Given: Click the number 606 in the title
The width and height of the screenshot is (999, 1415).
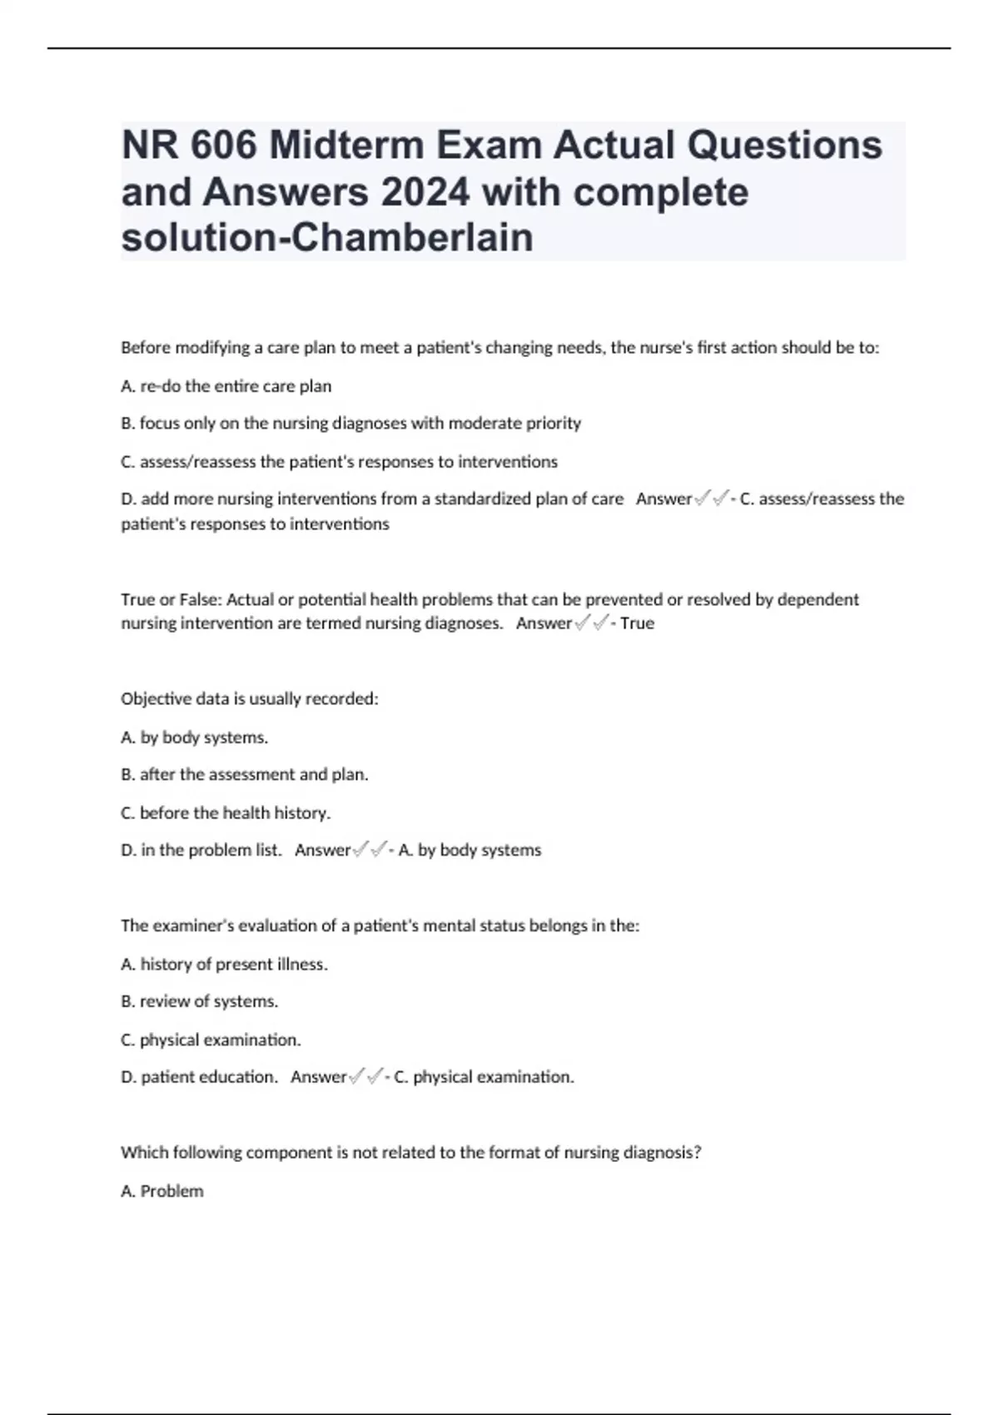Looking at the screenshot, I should pos(222,146).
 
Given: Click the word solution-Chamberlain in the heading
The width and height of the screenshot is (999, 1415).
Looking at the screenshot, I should pos(327,237).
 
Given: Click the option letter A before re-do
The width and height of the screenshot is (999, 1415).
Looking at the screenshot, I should pos(127,386).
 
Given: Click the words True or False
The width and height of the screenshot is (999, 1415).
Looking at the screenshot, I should pos(170,599).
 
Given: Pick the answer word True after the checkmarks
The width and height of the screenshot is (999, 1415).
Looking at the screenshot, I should pos(637,623).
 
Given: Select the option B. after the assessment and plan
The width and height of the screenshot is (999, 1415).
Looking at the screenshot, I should pos(245,775).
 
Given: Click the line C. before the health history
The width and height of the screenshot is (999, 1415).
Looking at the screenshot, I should pos(226,813).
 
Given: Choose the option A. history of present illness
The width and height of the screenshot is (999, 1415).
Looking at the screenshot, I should pos(224,964).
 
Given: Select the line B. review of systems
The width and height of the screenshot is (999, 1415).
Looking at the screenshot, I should pos(200,1001).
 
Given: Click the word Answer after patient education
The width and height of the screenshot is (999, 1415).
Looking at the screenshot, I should pos(318,1077).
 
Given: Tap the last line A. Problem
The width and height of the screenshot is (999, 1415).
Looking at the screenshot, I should pos(162,1191).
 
